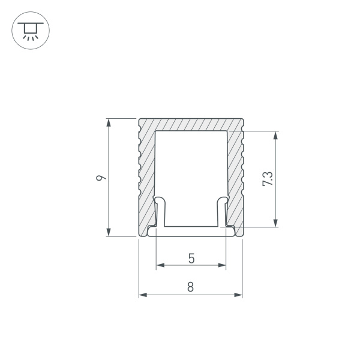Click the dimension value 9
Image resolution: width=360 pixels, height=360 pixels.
101,178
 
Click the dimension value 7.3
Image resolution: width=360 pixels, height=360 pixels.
268,179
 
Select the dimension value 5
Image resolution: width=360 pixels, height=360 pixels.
191,259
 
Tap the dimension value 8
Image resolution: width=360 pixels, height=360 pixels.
190,287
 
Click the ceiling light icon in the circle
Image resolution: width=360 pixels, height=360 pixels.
28,29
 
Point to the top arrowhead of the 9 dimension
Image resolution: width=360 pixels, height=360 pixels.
109,122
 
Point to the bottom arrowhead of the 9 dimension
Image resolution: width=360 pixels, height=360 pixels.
109,233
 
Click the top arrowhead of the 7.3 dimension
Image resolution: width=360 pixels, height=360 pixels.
275,135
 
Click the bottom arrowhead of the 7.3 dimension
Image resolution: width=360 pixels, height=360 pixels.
275,223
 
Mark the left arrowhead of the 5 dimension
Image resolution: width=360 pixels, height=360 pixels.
160,264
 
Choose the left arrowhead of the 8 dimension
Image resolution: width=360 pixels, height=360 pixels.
143,295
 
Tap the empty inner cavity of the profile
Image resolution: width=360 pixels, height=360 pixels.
191,168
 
